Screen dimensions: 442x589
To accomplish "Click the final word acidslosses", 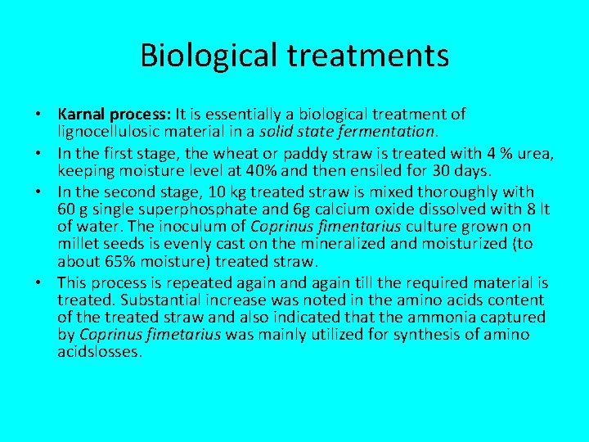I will [100, 352].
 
